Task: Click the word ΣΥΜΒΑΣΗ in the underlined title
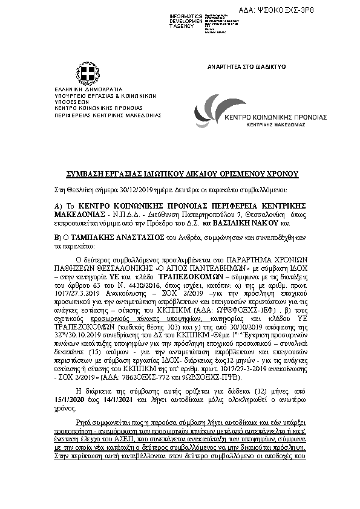click(84, 174)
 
